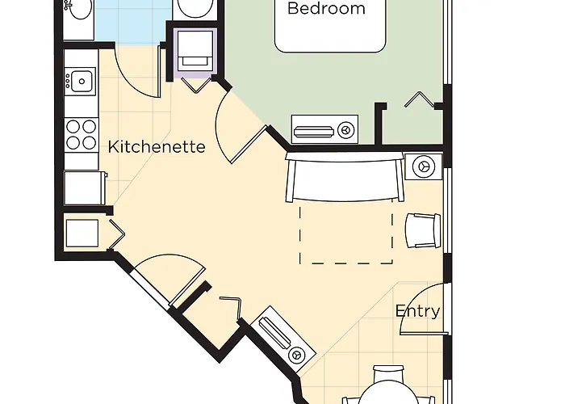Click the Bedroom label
(x=326, y=8)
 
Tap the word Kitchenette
(x=157, y=147)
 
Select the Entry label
(x=417, y=311)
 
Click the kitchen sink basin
(x=82, y=81)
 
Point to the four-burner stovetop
(x=81, y=135)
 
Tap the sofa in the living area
(x=345, y=176)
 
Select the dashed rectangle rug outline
(x=346, y=233)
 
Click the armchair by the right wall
(x=423, y=230)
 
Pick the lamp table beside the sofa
(x=424, y=166)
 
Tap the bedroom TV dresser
(x=324, y=129)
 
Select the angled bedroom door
(x=248, y=145)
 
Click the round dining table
(x=389, y=393)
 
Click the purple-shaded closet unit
(x=195, y=53)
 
